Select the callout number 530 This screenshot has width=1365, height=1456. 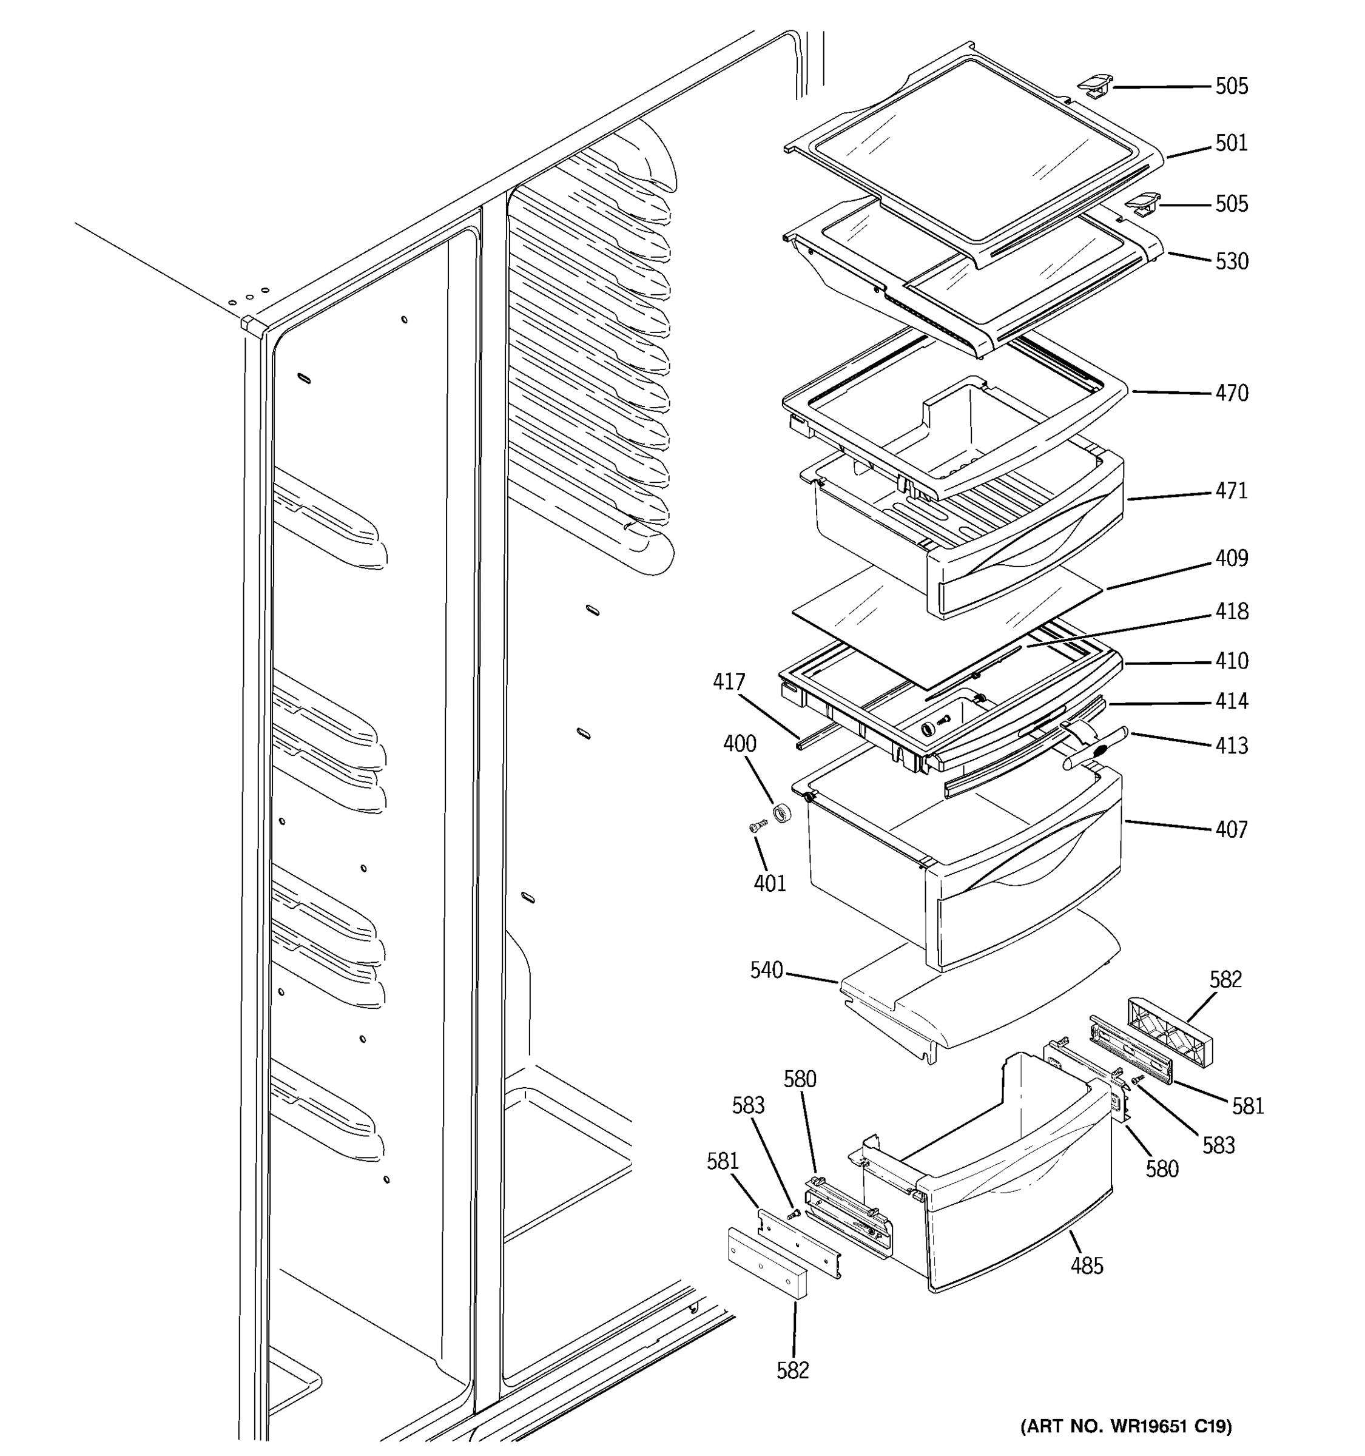point(1231,261)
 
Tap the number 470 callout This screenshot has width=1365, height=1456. point(1231,393)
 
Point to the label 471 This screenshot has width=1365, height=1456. point(1231,491)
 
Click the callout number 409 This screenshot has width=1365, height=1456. point(1231,558)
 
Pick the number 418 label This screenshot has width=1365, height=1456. point(1231,612)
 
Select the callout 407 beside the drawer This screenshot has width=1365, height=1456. point(1231,830)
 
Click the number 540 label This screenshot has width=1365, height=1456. point(766,971)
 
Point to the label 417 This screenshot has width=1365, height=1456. point(729,682)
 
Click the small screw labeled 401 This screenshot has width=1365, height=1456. point(757,827)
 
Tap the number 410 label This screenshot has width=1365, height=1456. point(1231,661)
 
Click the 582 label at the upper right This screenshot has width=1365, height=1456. point(1225,980)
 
